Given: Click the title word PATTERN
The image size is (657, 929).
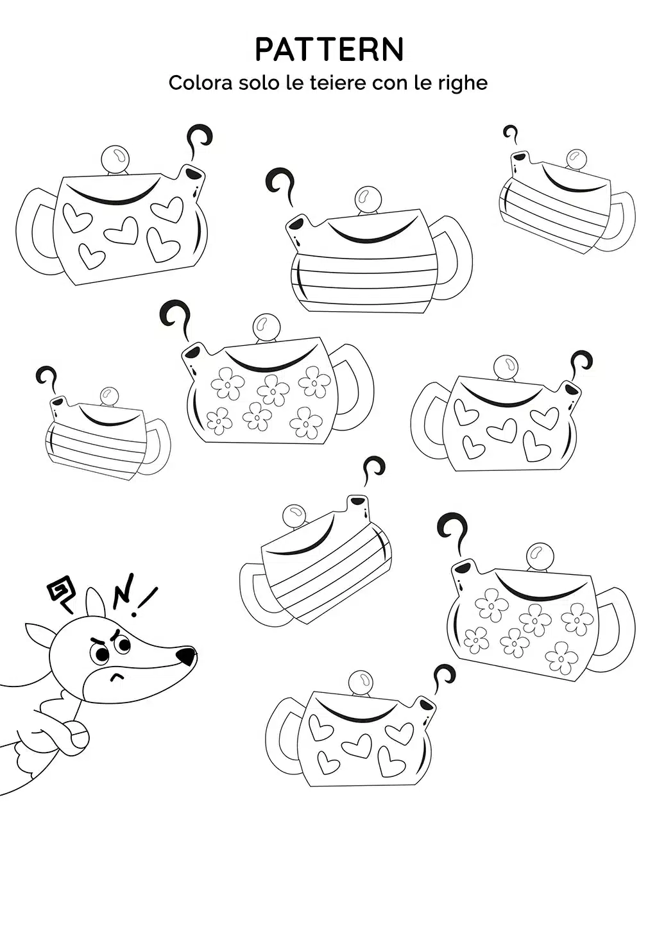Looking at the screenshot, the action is pos(329,50).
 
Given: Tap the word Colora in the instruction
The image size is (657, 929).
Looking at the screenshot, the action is pos(200,83).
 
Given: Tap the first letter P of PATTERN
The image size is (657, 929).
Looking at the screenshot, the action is pos(264,50).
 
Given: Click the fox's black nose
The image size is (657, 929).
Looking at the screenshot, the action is pos(185,656).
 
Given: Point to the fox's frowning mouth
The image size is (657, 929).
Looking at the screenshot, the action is pos(117,677).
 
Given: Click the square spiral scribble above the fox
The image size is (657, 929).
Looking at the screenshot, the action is pos(62,595).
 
